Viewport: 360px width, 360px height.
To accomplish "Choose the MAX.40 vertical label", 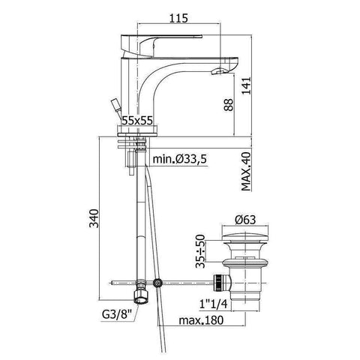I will (245, 172).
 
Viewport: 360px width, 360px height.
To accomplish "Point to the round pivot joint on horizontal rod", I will (157, 283).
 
